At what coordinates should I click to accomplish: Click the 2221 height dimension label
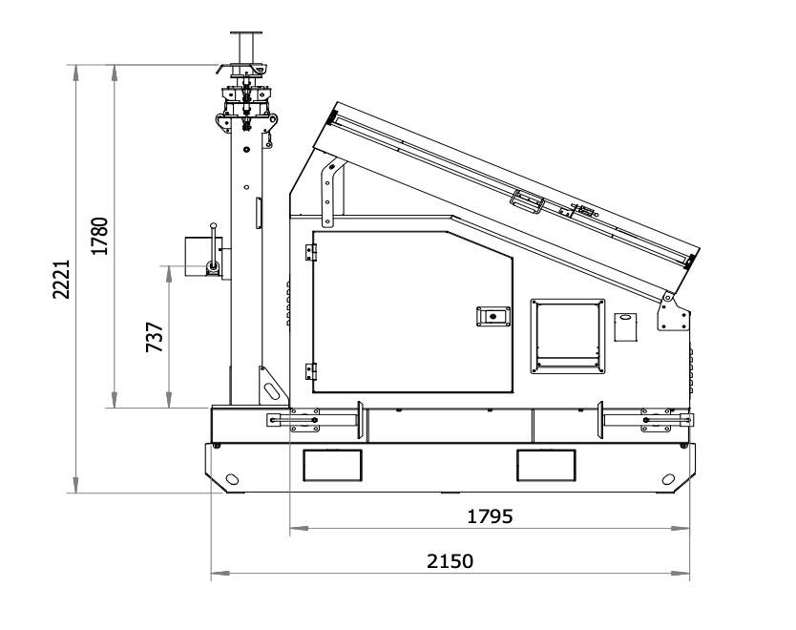tap(61, 280)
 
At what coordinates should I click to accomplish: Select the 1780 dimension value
tap(99, 236)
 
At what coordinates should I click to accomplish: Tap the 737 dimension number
tap(155, 337)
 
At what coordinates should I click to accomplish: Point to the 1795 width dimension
tap(490, 516)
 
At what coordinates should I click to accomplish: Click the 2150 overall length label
tap(450, 561)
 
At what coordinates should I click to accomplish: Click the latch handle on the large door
tap(492, 317)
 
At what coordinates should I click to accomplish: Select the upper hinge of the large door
tap(311, 252)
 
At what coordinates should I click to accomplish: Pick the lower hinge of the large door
tap(311, 371)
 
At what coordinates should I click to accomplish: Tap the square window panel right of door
tap(568, 337)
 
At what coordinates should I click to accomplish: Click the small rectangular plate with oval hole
tap(625, 327)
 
